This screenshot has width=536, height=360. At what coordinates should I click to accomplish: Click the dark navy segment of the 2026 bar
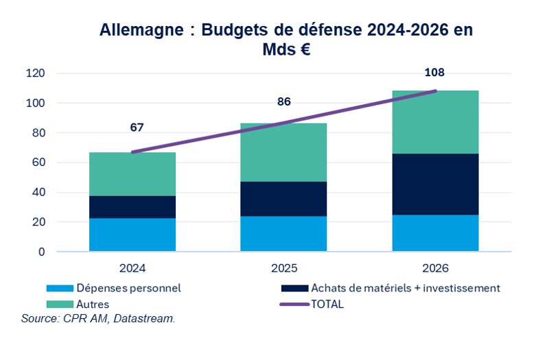434,184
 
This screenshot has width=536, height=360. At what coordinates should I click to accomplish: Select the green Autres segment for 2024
132,174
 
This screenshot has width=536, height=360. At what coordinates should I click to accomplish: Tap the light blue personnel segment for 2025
283,234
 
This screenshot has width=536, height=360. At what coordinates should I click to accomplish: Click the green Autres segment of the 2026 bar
434,122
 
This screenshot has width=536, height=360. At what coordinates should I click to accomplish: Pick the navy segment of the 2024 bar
132,207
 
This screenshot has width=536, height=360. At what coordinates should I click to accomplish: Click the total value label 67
137,128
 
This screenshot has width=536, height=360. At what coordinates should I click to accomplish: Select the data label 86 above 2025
283,102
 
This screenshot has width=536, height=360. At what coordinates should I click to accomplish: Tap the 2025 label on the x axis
283,268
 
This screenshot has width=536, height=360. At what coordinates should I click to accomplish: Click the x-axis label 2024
132,268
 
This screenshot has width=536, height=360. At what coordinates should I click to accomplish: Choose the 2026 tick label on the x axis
434,268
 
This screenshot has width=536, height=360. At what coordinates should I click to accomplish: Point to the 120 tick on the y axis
35,73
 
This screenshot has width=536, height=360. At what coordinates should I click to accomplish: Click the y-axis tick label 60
38,163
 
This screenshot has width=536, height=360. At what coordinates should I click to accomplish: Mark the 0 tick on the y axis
41,252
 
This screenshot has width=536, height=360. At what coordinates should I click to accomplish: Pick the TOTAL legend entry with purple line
326,304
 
